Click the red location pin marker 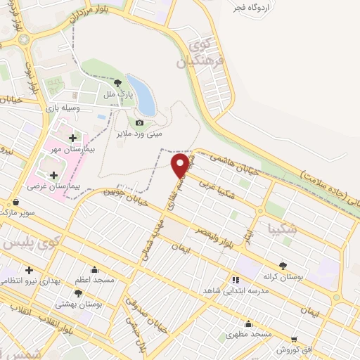pos(181,165)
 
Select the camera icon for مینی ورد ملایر pos(139,123)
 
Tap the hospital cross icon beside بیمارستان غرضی pos(54,174)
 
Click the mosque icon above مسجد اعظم pos(94,269)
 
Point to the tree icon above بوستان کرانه pos(283,265)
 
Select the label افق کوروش pos(294,349)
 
